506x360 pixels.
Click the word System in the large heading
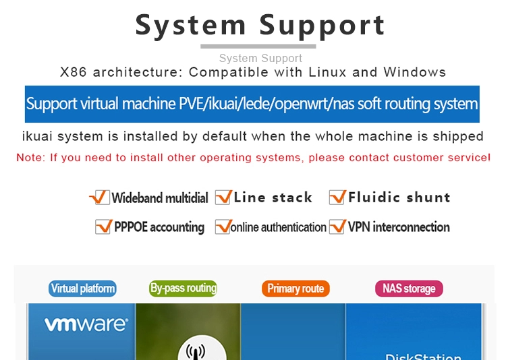pyautogui.click(x=190, y=25)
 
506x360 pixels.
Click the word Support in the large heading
pyautogui.click(x=322, y=25)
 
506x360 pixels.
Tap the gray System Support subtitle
pyautogui.click(x=260, y=59)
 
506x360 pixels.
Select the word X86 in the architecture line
pyautogui.click(x=74, y=72)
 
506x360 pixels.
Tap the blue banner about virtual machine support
pyautogui.click(x=252, y=104)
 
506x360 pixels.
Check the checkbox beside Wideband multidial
pyautogui.click(x=99, y=198)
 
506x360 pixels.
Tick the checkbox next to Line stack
pyautogui.click(x=223, y=198)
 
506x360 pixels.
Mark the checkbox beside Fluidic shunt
pyautogui.click(x=337, y=198)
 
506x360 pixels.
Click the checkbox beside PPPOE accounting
pyautogui.click(x=103, y=227)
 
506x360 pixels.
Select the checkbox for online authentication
pyautogui.click(x=222, y=227)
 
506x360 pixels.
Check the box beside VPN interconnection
pyautogui.click(x=337, y=227)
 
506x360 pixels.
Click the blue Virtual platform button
pyautogui.click(x=83, y=289)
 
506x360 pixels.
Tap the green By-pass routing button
pyautogui.click(x=184, y=289)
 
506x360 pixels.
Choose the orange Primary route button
pyautogui.click(x=296, y=289)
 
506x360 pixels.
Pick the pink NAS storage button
pyautogui.click(x=409, y=289)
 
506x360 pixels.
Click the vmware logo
pyautogui.click(x=86, y=324)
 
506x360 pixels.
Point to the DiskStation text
pyautogui.click(x=423, y=355)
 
